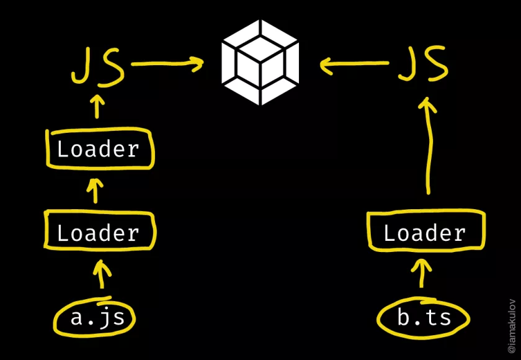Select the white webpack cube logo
(260, 62)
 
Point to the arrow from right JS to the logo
(354, 63)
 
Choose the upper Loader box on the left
(99, 149)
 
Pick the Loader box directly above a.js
(99, 233)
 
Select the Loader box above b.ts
(424, 233)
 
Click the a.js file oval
(102, 318)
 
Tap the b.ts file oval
(424, 318)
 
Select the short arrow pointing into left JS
(96, 106)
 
